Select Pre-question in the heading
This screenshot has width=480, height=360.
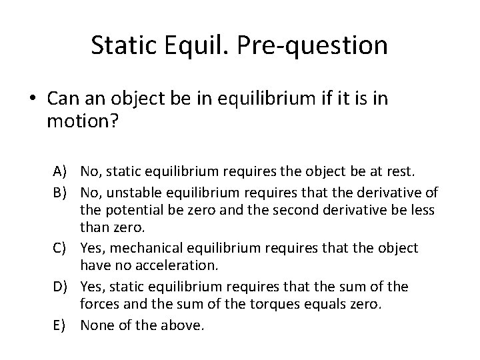point(314,45)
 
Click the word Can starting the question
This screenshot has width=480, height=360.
point(64,98)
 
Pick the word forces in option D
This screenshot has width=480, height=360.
point(99,305)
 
